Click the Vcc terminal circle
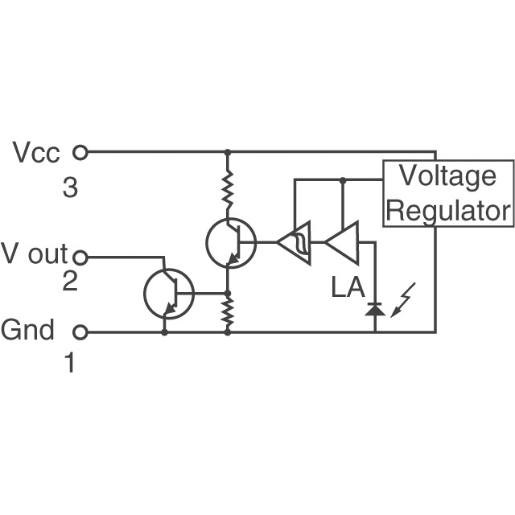coord(80,151)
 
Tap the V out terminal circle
coord(80,257)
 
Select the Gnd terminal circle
coord(80,332)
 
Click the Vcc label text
coord(37,152)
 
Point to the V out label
coord(35,254)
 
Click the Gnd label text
coord(28,330)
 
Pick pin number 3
coord(70,189)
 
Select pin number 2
coord(70,282)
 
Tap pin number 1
coord(70,363)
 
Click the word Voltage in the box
coord(448,175)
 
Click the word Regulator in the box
coord(448,210)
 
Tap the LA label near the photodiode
coord(348,287)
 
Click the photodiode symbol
coord(374,307)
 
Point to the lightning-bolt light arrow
coord(405,299)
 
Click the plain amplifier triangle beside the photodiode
coord(341,241)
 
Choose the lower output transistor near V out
coord(169,294)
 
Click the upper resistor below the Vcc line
coord(228,187)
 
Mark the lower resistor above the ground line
coord(228,311)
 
